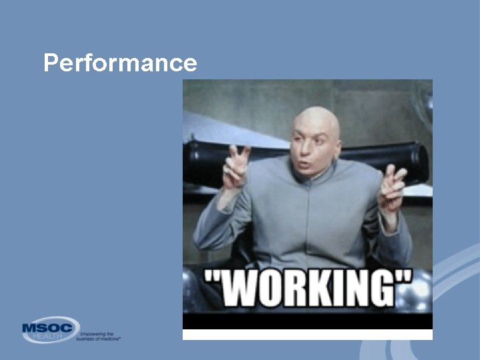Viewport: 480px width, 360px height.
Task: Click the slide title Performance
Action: point(120,63)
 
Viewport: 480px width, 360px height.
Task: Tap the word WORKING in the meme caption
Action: point(308,288)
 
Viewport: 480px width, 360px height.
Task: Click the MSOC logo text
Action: point(49,329)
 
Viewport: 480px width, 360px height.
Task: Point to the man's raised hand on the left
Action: point(235,167)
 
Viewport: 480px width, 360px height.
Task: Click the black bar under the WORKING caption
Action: point(307,321)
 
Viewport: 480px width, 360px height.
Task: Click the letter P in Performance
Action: point(50,63)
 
